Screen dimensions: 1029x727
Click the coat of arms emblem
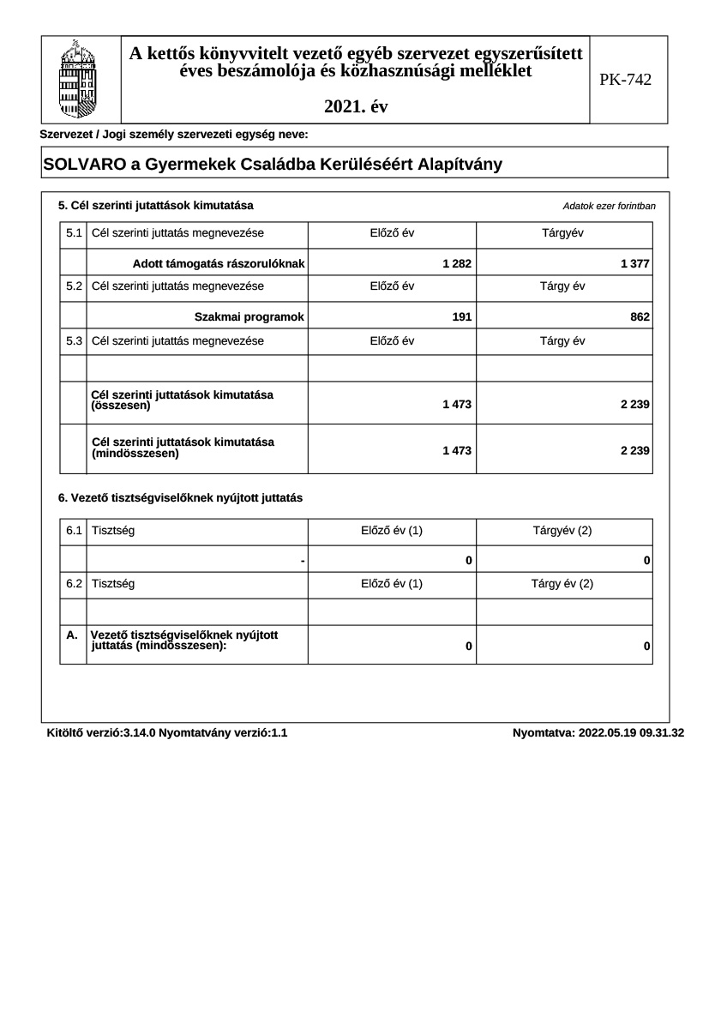[x=81, y=80]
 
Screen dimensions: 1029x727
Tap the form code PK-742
[x=625, y=80]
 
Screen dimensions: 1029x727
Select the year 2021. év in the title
[x=356, y=107]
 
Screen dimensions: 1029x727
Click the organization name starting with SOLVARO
[x=267, y=165]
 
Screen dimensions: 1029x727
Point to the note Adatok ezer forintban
[x=609, y=207]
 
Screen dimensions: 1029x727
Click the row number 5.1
[x=74, y=233]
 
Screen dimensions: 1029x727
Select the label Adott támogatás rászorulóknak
[x=219, y=263]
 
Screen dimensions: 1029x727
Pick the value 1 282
[x=457, y=263]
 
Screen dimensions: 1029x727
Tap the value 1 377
[x=634, y=263]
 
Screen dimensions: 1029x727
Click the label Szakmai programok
[x=249, y=316]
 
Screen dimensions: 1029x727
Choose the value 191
[x=461, y=316]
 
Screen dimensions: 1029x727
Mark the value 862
[x=640, y=316]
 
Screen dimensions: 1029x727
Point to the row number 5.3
[x=74, y=340]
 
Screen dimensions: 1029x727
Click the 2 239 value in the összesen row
[x=634, y=404]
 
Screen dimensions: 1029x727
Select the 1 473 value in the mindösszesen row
[x=457, y=450]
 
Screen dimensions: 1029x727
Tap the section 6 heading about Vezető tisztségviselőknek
[x=180, y=497]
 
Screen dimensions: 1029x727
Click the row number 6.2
[x=74, y=584]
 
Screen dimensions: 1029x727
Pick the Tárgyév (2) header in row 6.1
[x=562, y=531]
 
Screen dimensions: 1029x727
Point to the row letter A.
[x=72, y=635]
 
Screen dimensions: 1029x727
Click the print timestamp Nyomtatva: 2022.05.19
[x=598, y=733]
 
